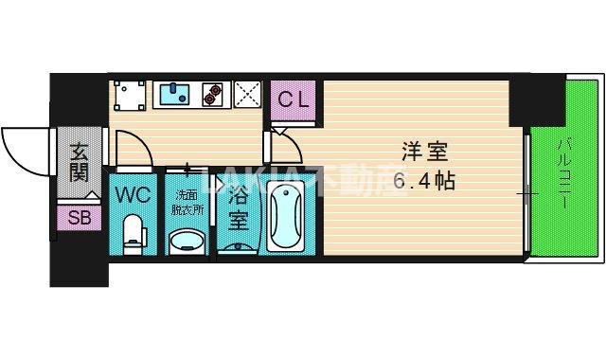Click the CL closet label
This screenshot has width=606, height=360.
point(293,98)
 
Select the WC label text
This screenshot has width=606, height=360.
point(134,196)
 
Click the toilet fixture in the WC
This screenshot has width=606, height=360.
point(134,232)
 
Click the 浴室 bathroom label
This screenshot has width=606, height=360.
point(239,208)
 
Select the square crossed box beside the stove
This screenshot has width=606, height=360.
point(248,93)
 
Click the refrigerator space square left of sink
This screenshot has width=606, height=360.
point(130,94)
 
